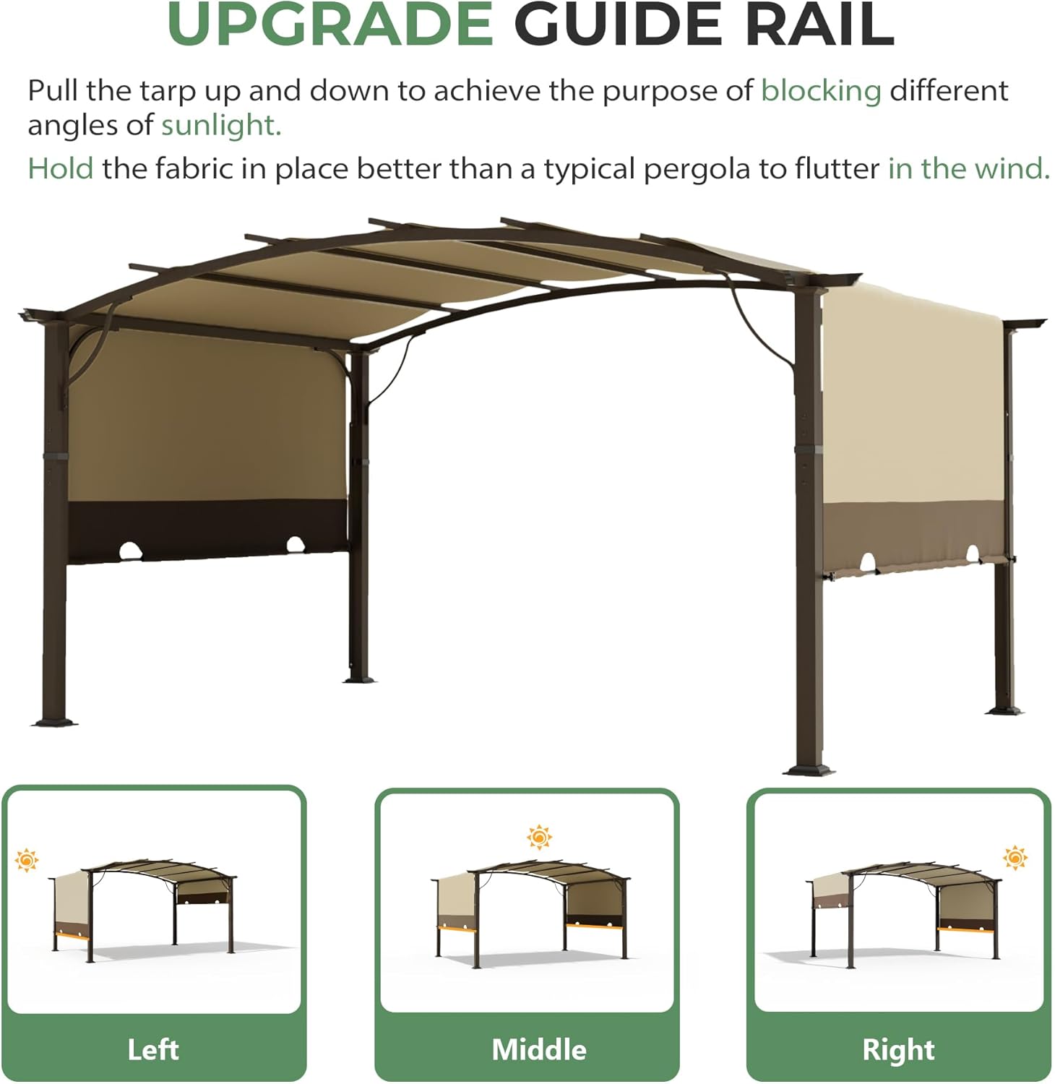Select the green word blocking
click(x=821, y=91)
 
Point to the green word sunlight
click(x=220, y=126)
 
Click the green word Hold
click(x=61, y=168)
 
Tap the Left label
click(x=153, y=1049)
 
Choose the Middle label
click(x=539, y=1049)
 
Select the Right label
click(x=898, y=1049)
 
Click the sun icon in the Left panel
click(x=27, y=860)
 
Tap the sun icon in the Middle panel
click(x=539, y=837)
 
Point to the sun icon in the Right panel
click(x=1015, y=857)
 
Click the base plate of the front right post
click(x=809, y=770)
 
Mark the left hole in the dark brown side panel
click(x=130, y=551)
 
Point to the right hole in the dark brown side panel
click(x=295, y=543)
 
